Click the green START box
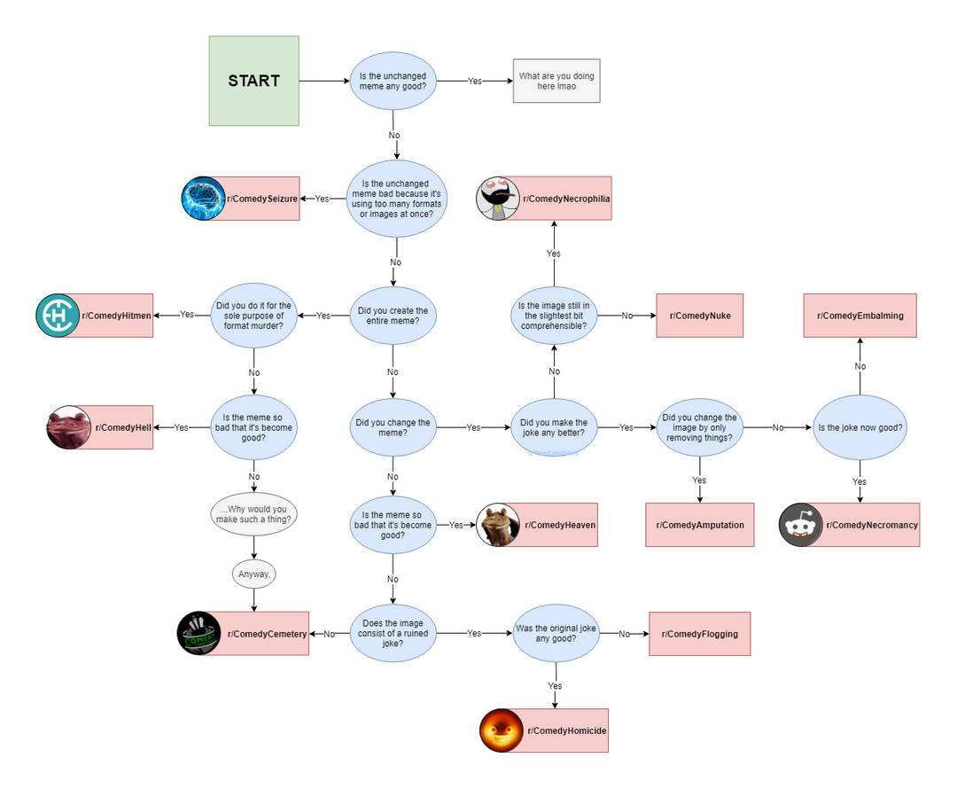tap(253, 81)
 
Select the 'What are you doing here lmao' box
tap(556, 81)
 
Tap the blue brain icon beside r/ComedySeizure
tap(204, 199)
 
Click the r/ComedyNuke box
tap(699, 316)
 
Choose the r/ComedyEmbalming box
tap(860, 316)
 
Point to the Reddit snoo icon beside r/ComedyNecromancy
tap(801, 525)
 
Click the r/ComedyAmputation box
tap(699, 525)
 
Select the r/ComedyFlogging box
tap(699, 634)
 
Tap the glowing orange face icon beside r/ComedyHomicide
tap(502, 730)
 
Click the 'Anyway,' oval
tap(255, 574)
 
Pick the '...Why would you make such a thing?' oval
tap(254, 515)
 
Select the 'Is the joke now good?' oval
tap(860, 427)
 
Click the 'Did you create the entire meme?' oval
tap(393, 316)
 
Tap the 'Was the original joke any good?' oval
tap(556, 634)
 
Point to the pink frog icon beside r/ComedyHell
tap(69, 427)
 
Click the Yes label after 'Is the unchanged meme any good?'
tap(475, 81)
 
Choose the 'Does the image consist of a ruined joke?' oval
tap(393, 634)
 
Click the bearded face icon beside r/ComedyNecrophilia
tap(498, 199)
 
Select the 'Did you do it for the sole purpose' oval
tap(253, 316)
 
